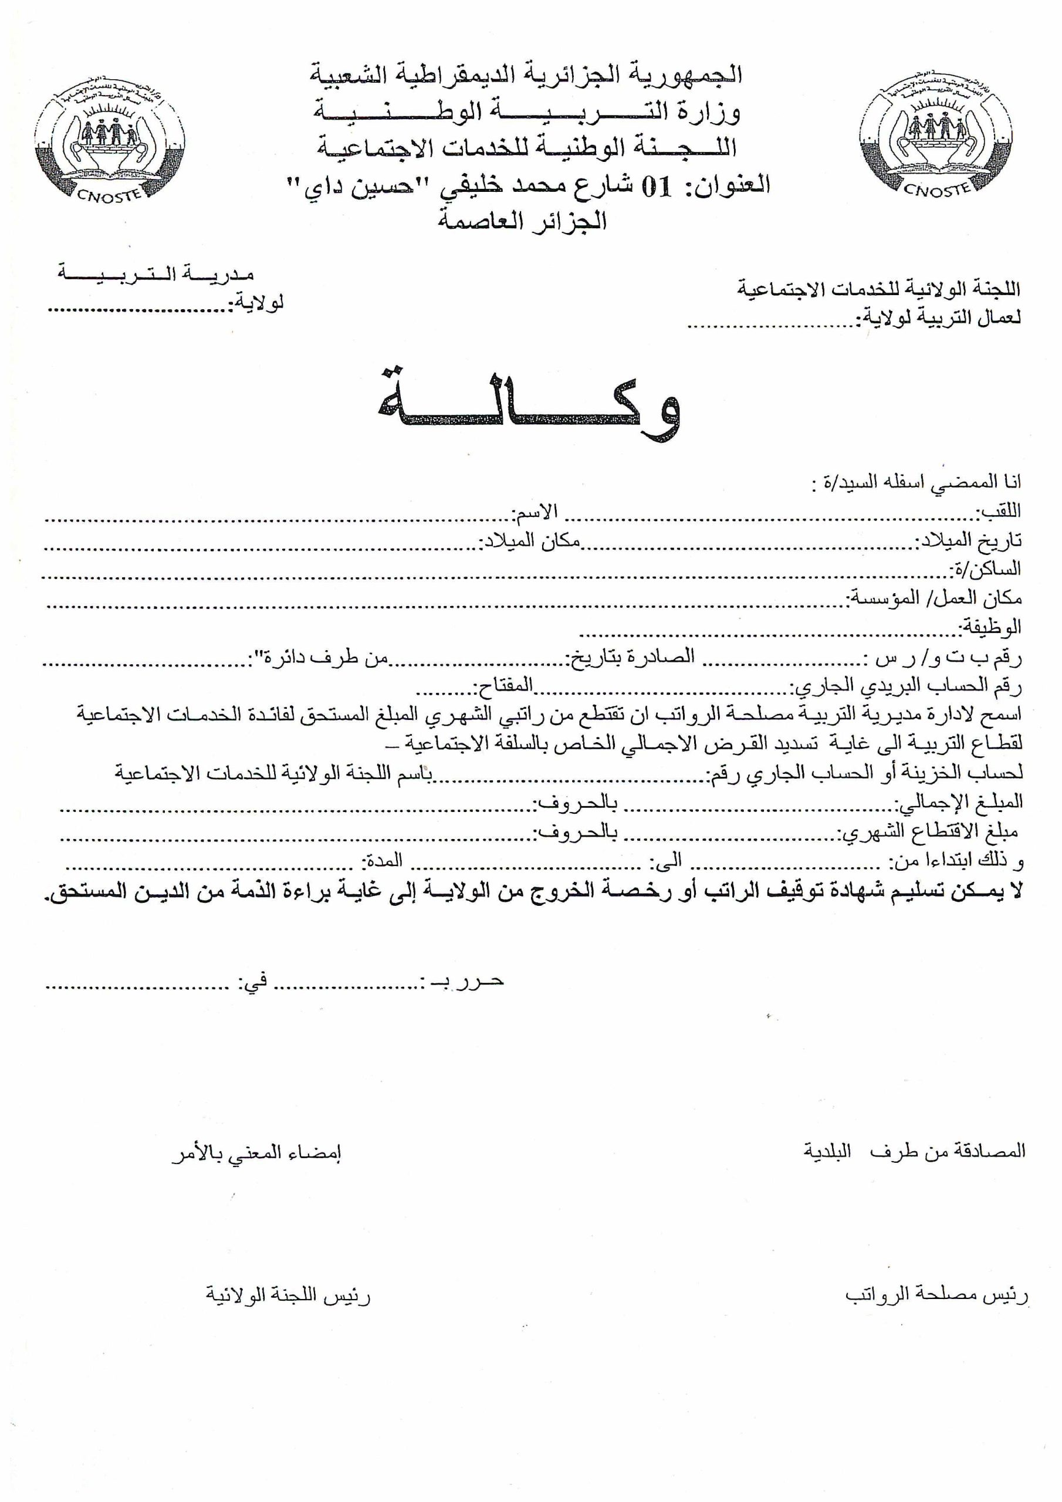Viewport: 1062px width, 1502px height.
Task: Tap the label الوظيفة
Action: [x=990, y=627]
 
